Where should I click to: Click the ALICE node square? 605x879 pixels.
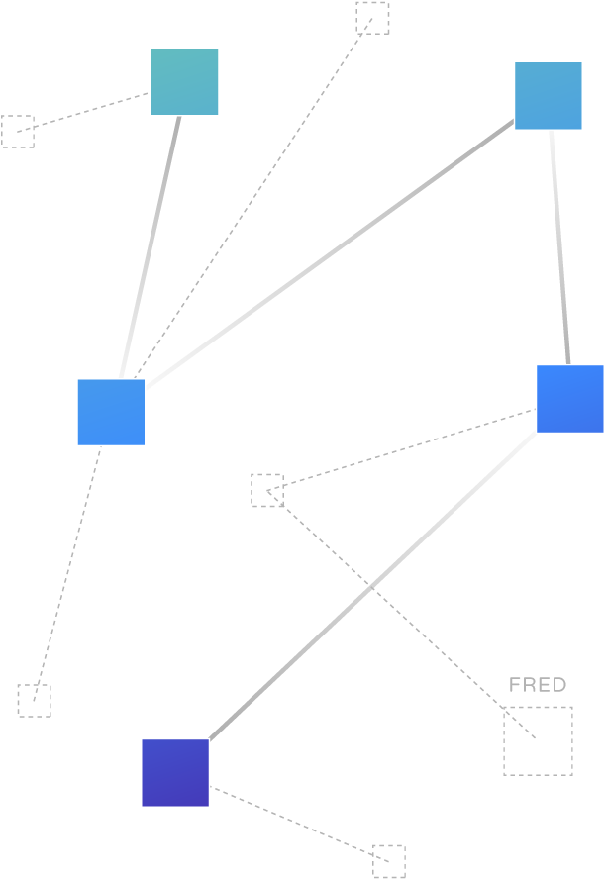[184, 82]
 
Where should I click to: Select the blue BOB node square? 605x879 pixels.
[111, 412]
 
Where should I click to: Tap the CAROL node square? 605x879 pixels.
[548, 95]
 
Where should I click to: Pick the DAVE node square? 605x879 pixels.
[569, 398]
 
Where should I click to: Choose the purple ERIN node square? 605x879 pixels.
[175, 772]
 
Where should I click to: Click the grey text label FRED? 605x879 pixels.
[538, 685]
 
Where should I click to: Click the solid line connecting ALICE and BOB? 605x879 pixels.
[151, 247]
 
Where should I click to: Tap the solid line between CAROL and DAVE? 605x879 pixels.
[559, 247]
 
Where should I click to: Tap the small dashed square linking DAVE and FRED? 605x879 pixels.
[266, 490]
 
